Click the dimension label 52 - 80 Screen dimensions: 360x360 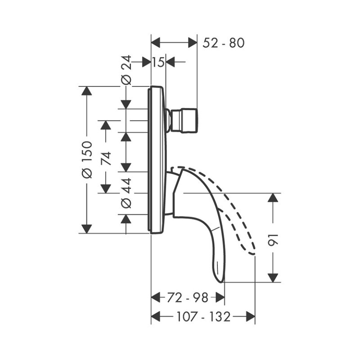223,43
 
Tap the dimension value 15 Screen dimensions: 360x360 158,62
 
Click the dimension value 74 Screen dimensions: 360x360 106,158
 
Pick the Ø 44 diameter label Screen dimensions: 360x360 126,193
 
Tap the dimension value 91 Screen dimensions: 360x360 273,240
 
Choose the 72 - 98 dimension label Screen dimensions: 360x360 187,297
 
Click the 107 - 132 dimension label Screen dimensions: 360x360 203,317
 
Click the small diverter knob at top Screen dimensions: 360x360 184,120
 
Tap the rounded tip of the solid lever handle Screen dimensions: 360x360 220,279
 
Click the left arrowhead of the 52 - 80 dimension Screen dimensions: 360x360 155,43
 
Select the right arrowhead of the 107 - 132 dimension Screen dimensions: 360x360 251,317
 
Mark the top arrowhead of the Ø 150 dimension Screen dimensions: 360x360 87,91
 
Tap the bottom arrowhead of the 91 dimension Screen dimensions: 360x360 273,278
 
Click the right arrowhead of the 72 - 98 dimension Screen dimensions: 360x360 220,297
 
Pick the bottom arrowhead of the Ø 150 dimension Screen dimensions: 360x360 87,229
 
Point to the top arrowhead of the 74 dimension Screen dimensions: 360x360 106,125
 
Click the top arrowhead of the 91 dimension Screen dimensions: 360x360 273,198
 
